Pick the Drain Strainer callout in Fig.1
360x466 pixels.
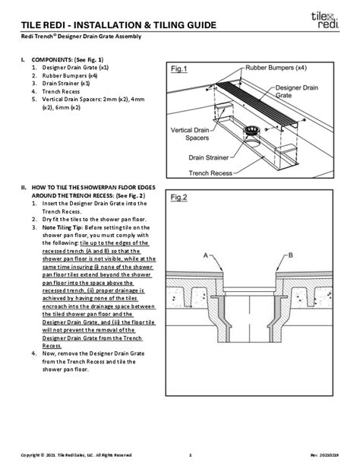(x=213, y=158)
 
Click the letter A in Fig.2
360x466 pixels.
(x=205, y=256)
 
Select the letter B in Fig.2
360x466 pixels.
(x=311, y=256)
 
